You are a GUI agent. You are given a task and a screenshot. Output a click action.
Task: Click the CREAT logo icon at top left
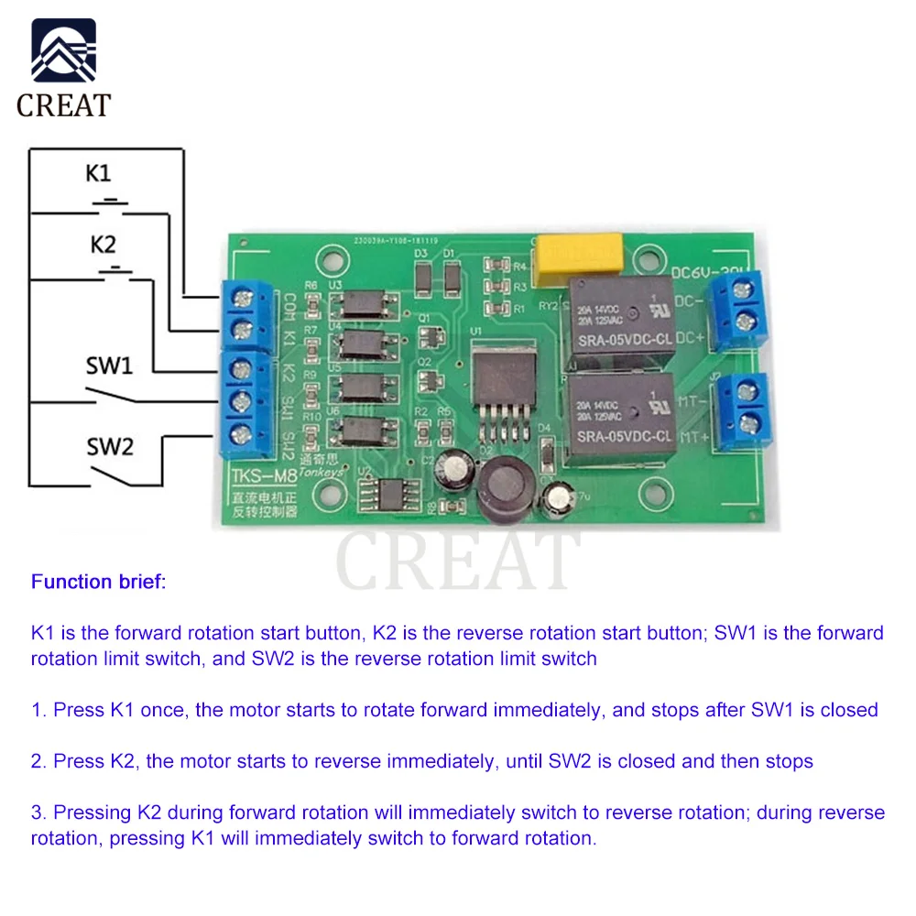(63, 51)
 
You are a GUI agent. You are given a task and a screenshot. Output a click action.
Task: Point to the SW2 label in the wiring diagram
(110, 446)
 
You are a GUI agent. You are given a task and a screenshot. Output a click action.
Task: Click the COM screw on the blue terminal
(243, 297)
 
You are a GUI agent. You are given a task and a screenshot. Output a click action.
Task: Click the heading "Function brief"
(98, 582)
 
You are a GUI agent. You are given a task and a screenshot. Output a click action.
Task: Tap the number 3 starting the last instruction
(37, 812)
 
